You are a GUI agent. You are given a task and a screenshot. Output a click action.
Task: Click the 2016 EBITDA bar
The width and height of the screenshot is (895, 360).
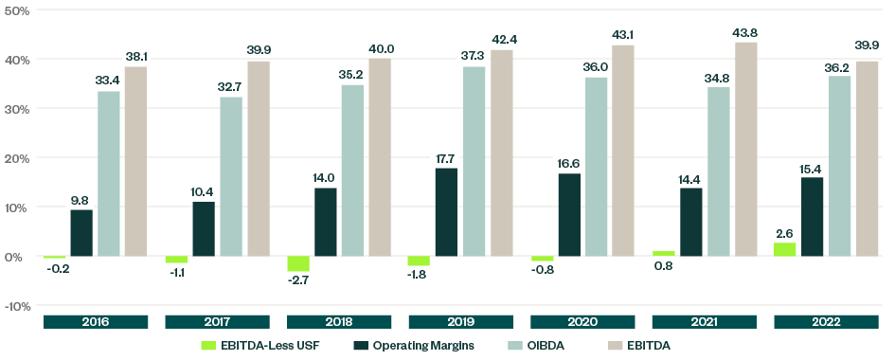tap(136, 161)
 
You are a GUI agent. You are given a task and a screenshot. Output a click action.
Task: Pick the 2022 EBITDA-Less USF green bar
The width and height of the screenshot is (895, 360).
tap(785, 249)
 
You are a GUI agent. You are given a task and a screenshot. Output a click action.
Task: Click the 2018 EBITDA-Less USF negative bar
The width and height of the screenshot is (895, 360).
tap(298, 263)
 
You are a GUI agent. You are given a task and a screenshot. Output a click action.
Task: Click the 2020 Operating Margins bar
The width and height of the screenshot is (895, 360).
tap(569, 215)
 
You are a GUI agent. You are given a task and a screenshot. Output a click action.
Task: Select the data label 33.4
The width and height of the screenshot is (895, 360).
tap(109, 81)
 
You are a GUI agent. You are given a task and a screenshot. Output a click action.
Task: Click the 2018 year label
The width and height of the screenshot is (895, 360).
tap(339, 322)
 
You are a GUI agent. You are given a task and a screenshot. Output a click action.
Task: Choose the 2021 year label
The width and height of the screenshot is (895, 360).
tap(705, 322)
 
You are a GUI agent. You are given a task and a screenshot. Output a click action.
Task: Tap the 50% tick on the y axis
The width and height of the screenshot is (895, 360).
tap(17, 10)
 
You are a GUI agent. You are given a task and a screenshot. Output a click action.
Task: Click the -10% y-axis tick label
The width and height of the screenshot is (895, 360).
tap(17, 306)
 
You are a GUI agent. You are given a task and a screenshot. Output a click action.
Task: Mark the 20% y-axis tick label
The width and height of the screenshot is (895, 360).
tap(17, 158)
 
